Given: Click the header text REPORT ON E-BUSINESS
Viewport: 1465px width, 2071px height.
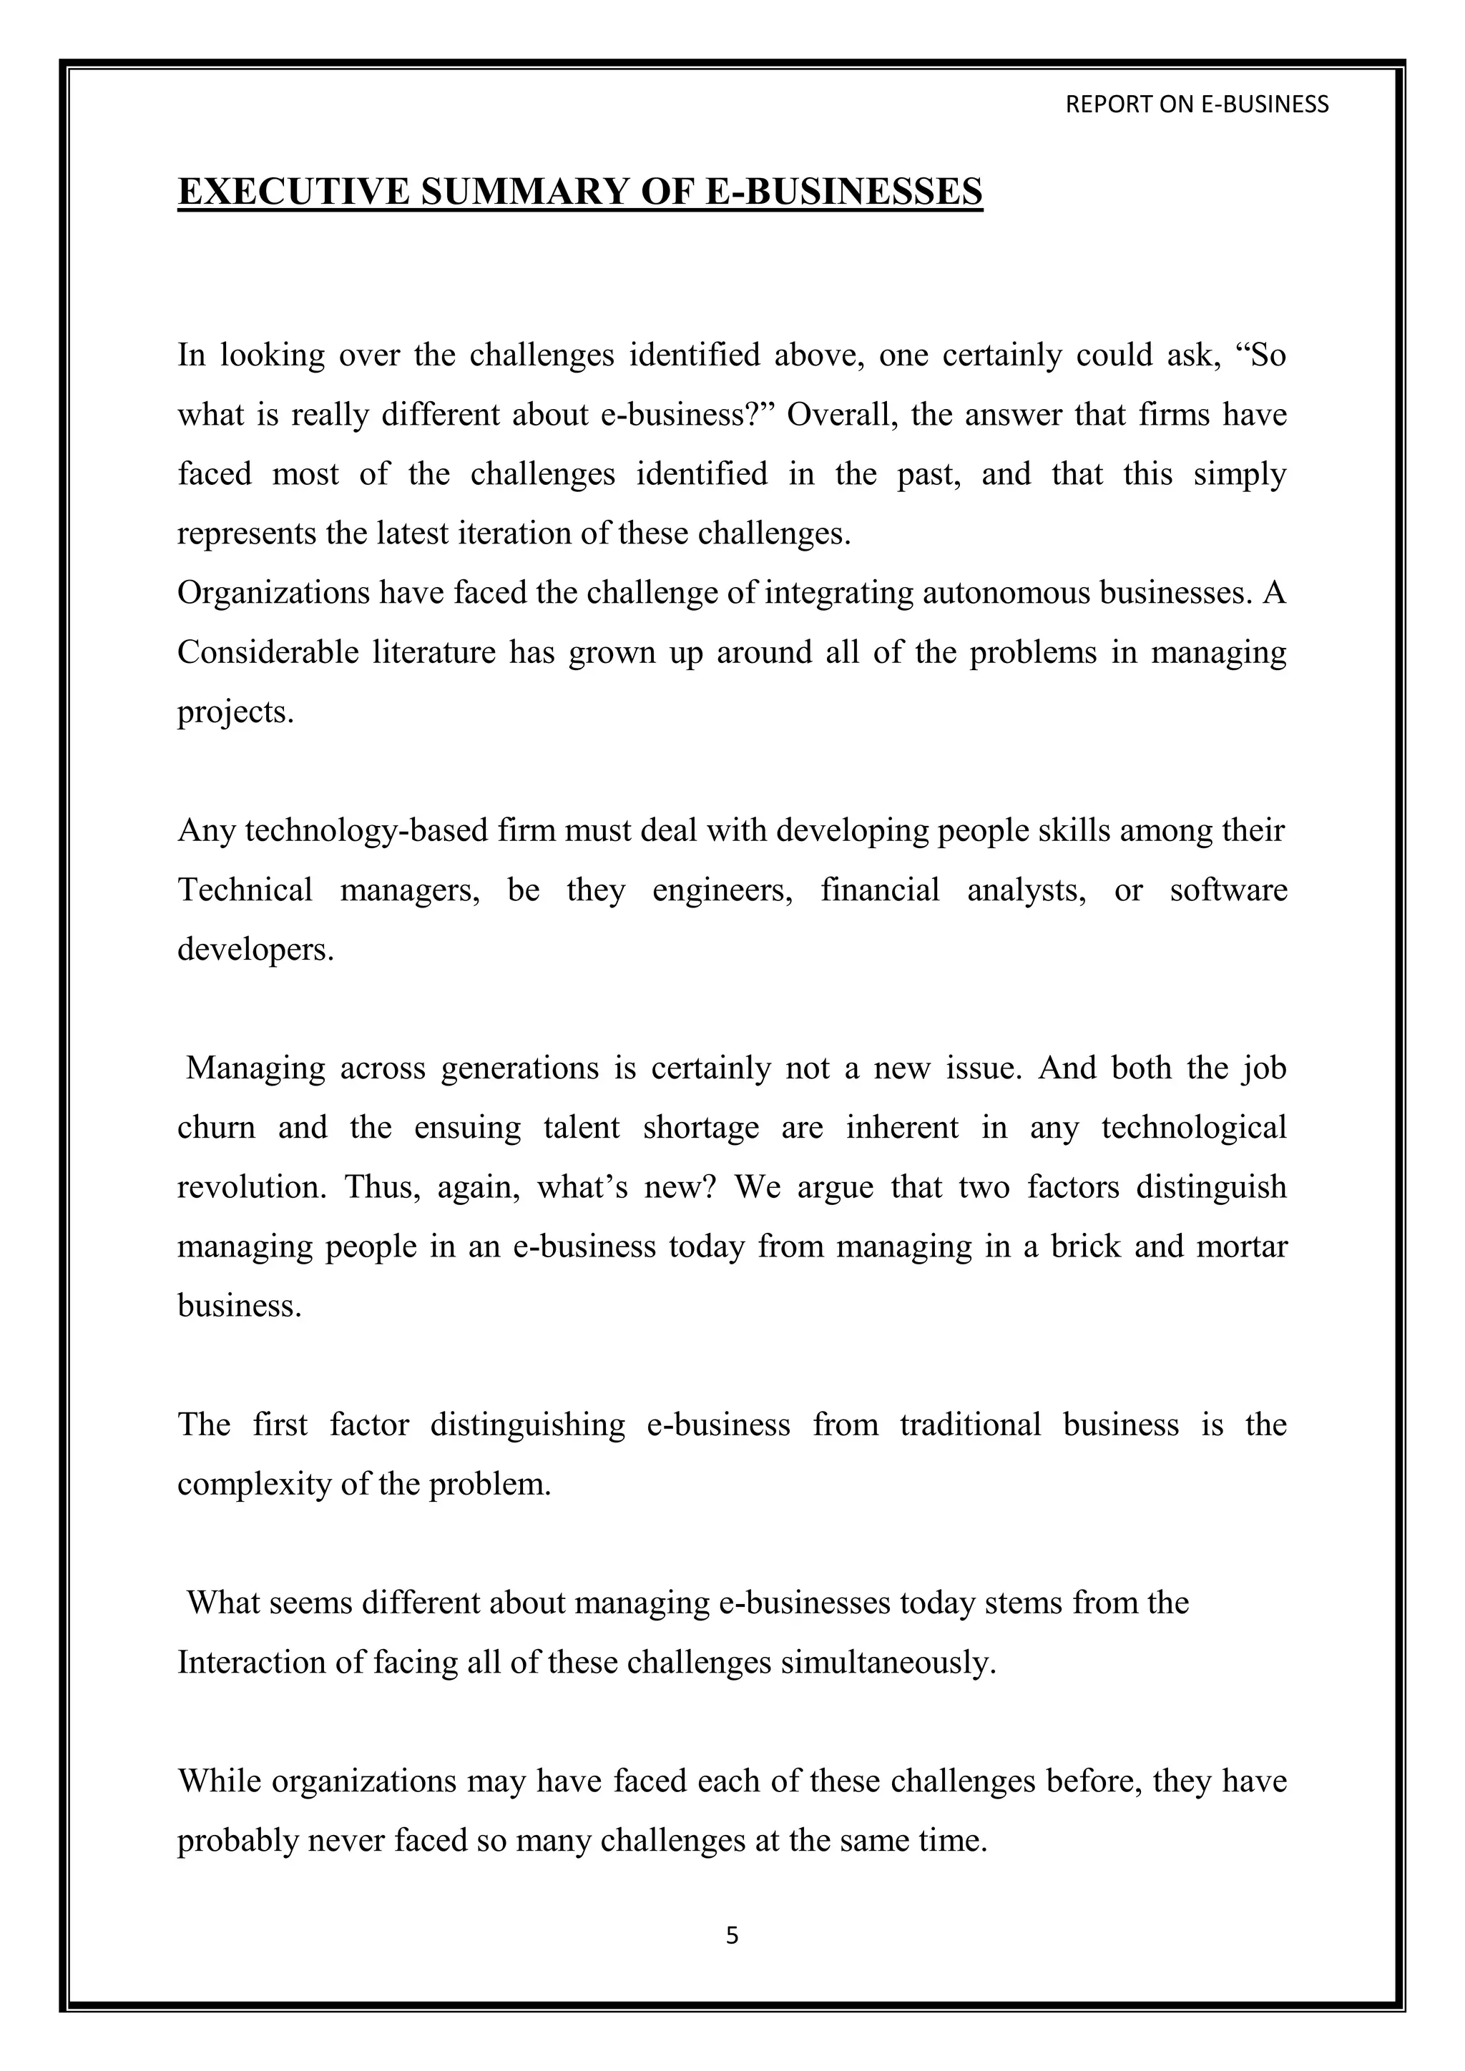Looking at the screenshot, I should (x=1196, y=104).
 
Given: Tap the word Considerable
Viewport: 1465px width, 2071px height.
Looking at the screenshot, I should (x=268, y=652).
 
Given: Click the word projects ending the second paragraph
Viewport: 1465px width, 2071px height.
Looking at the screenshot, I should (x=235, y=712).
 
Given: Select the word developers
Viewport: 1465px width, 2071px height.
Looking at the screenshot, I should (x=255, y=949).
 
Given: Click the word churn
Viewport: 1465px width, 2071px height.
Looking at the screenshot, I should (x=217, y=1128).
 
